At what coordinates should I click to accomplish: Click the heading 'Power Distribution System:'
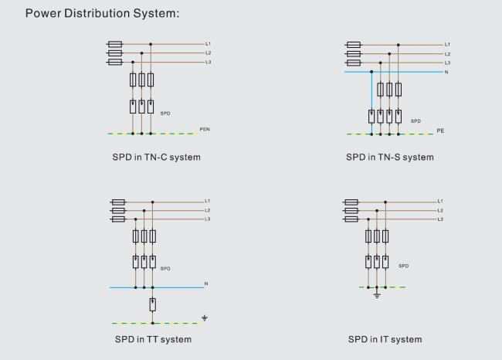click(102, 13)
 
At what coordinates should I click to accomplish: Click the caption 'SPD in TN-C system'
click(156, 158)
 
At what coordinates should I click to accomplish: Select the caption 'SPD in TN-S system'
click(389, 158)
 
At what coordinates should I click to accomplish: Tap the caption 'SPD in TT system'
click(153, 339)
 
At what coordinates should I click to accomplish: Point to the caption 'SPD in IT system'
click(385, 339)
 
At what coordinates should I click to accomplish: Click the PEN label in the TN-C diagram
click(205, 129)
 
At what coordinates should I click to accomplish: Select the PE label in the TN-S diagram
click(440, 131)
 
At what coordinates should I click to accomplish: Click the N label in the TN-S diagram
click(446, 72)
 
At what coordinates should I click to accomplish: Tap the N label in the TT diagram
click(206, 284)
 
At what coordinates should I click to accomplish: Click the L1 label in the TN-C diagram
click(208, 43)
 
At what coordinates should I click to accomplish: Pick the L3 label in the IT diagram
click(440, 219)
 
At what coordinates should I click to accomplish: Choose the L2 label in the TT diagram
click(208, 210)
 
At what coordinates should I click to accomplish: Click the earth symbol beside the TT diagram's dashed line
click(205, 318)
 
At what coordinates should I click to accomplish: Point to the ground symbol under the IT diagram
click(377, 295)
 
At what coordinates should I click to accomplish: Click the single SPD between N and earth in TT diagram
click(153, 304)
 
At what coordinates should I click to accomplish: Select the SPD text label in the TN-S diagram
click(416, 121)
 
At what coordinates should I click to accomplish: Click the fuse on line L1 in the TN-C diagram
click(115, 44)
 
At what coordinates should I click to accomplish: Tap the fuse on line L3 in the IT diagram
click(351, 219)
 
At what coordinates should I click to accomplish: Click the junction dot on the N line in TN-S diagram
click(371, 72)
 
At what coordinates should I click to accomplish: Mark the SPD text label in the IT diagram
click(403, 266)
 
